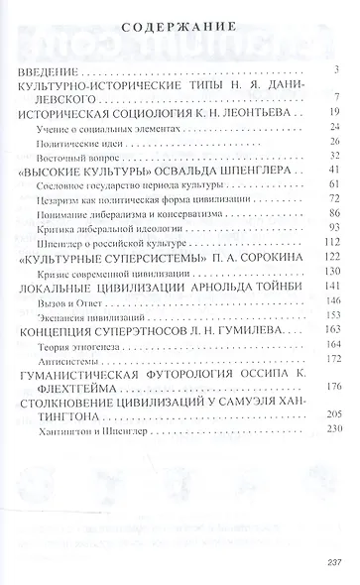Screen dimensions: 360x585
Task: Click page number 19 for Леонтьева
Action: pos(335,112)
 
